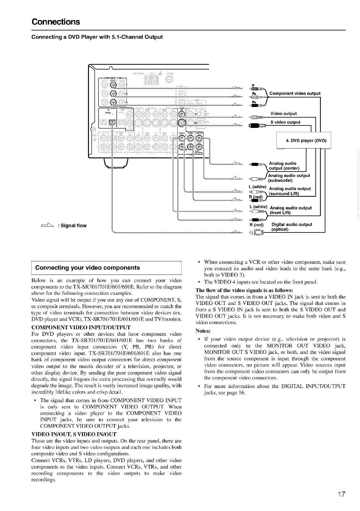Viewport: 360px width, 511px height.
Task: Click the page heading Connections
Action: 56,22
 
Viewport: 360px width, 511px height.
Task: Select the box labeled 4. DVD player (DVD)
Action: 306,141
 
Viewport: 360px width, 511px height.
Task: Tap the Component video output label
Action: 294,93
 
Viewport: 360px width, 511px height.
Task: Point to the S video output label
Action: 285,122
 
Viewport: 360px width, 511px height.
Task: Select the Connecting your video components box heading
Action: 88,268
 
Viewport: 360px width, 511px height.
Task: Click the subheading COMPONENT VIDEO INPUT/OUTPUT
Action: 81,327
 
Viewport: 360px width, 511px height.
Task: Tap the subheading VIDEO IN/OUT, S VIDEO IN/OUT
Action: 74,434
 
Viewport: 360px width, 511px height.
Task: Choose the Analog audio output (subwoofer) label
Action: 289,178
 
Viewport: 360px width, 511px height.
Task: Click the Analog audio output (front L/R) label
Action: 290,210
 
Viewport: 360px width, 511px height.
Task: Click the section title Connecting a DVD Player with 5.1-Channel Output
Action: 97,37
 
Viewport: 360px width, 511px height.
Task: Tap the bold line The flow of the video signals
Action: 244,291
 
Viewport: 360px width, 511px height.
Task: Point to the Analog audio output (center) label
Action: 284,166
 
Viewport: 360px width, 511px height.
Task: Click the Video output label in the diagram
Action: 283,114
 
